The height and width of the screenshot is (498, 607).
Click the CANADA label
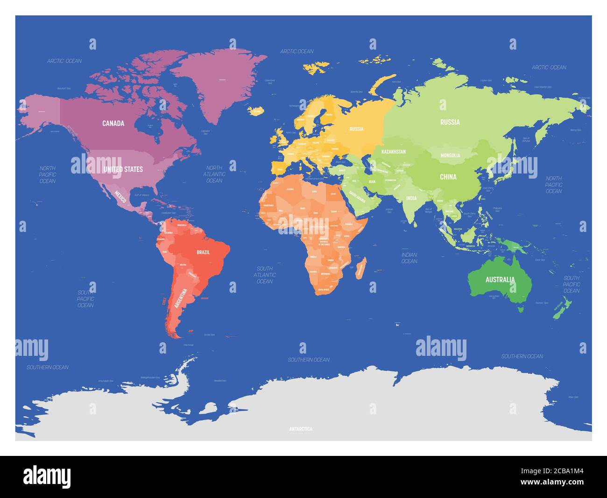(x=113, y=123)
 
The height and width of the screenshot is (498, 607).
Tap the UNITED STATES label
(x=123, y=169)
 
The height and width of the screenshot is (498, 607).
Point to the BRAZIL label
(x=203, y=253)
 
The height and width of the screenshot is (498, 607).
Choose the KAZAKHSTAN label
(x=394, y=152)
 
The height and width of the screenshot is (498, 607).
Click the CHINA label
(x=448, y=177)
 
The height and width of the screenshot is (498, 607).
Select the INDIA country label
(x=411, y=198)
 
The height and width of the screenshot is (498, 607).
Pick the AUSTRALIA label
(x=500, y=280)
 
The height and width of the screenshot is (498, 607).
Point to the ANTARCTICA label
(x=301, y=429)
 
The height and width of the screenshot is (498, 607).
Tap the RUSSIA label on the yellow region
(x=356, y=129)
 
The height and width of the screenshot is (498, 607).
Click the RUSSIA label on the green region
(x=450, y=123)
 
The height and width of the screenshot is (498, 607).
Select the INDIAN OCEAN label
(x=409, y=258)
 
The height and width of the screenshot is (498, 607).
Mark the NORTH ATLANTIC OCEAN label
(x=214, y=174)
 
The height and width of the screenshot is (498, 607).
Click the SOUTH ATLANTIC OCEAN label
(x=265, y=275)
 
